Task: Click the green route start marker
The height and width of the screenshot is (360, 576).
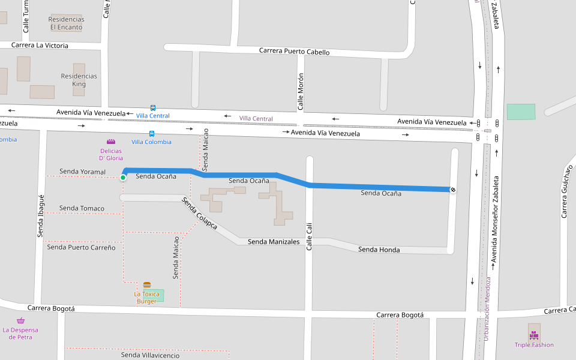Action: (x=123, y=177)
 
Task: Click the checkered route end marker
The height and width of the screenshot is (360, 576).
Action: (x=453, y=190)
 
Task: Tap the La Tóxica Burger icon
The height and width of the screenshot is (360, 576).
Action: (x=147, y=284)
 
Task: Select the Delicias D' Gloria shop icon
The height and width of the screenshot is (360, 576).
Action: (x=111, y=142)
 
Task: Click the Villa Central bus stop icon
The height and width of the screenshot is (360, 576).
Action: (x=153, y=108)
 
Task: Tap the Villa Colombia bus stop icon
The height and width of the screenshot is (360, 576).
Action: (x=151, y=134)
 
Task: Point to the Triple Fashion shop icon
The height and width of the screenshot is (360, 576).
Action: (x=534, y=335)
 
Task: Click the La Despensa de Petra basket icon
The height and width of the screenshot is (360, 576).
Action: (x=20, y=321)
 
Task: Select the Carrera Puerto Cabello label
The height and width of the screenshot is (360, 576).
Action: (x=294, y=52)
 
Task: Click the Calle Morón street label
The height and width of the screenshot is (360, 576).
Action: (x=301, y=92)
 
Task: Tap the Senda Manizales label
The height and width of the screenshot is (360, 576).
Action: (x=274, y=242)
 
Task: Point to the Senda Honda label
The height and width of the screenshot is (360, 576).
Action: (x=379, y=250)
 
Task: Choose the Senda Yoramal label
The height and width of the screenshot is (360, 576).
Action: (x=82, y=172)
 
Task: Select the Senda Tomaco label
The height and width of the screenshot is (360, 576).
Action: (x=82, y=209)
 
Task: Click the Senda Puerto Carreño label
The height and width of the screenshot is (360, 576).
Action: (x=81, y=247)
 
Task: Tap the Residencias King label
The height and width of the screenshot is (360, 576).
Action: (x=79, y=80)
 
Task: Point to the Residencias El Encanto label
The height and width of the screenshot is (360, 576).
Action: (x=66, y=23)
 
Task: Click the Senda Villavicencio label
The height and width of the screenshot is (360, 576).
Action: (x=150, y=355)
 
